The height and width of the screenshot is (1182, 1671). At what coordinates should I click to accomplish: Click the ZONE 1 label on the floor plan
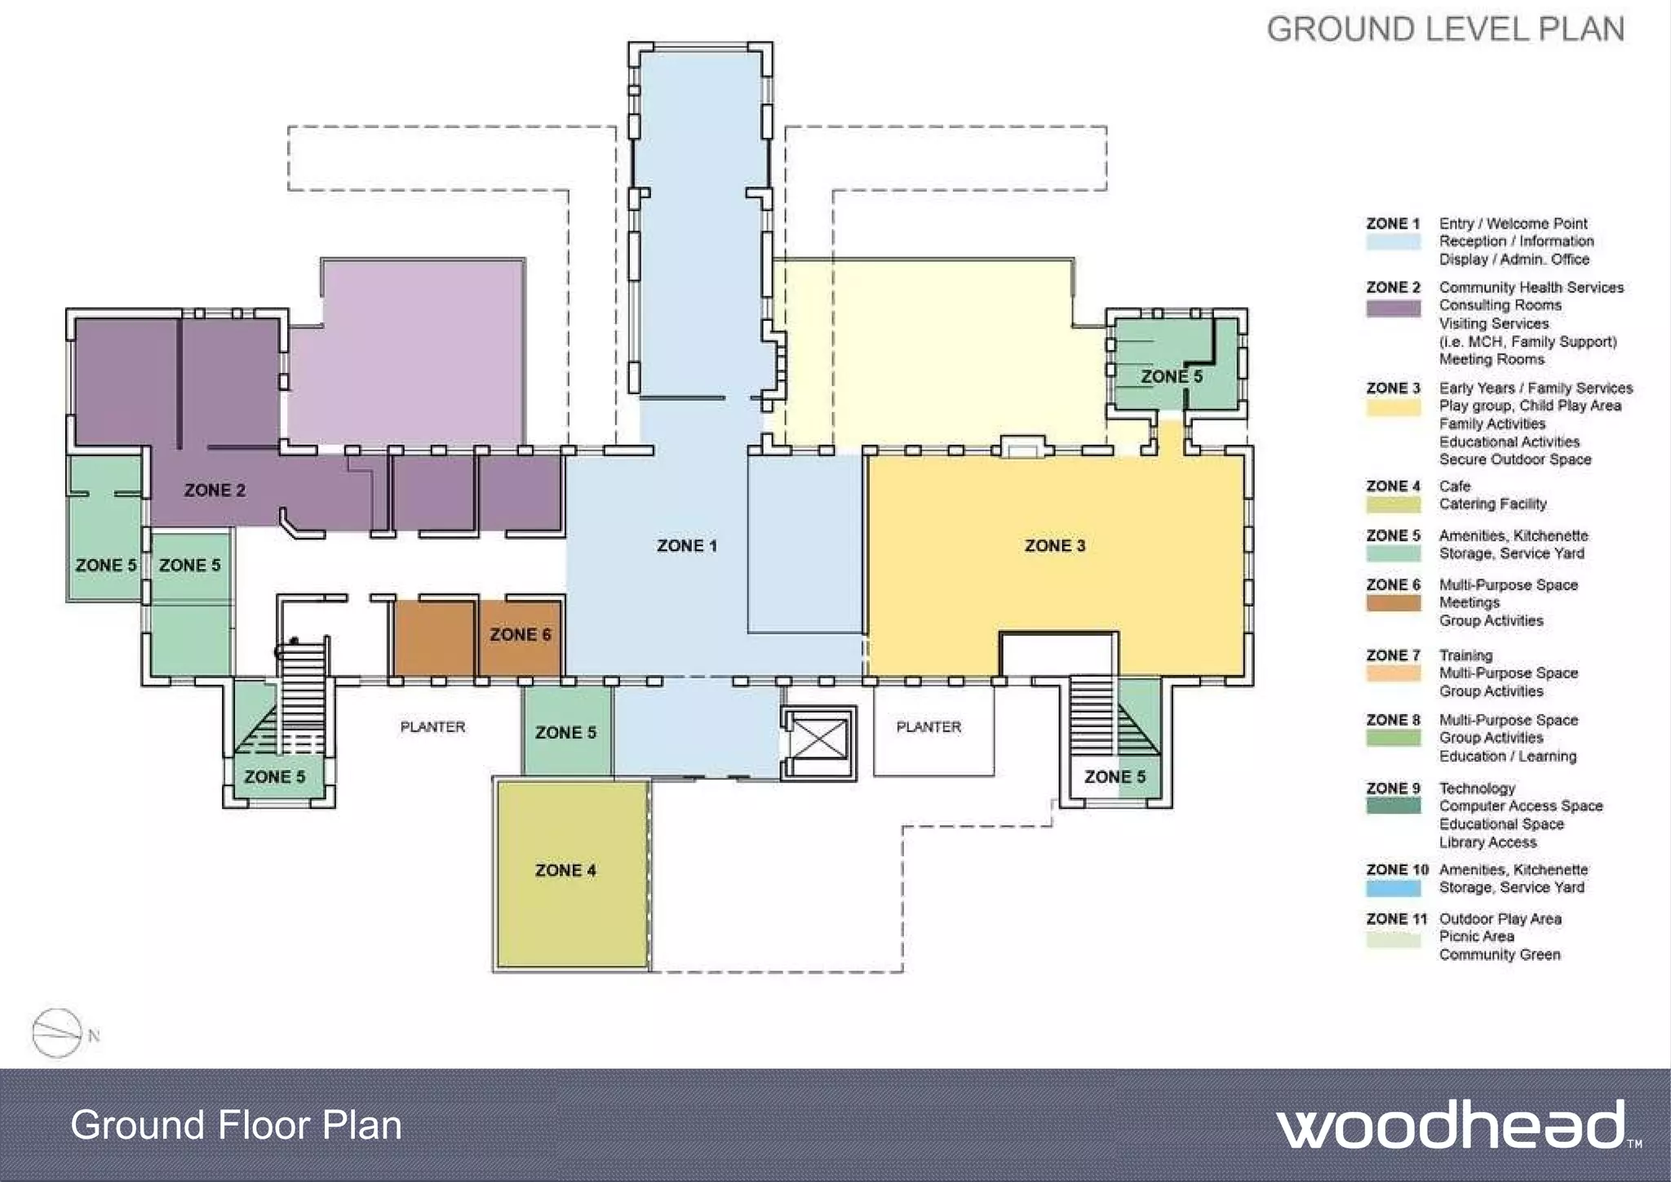pyautogui.click(x=686, y=545)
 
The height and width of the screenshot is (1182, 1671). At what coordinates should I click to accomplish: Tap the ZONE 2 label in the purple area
pyautogui.click(x=215, y=490)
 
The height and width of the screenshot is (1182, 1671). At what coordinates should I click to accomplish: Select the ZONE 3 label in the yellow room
pyautogui.click(x=1054, y=545)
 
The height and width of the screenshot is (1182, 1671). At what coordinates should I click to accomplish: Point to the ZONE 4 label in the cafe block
pyautogui.click(x=565, y=870)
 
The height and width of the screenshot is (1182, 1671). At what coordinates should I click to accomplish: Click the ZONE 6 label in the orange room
pyautogui.click(x=520, y=634)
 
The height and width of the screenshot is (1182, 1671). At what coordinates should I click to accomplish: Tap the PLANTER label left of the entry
pyautogui.click(x=432, y=727)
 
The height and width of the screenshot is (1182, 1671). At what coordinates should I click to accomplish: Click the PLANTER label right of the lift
pyautogui.click(x=929, y=727)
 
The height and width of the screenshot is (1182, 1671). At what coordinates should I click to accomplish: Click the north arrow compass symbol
pyautogui.click(x=57, y=1033)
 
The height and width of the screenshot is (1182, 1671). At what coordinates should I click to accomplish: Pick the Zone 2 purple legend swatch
pyautogui.click(x=1393, y=308)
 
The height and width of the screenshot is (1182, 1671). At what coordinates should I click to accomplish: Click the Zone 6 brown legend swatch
pyautogui.click(x=1393, y=603)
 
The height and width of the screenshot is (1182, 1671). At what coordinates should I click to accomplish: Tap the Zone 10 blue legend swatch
pyautogui.click(x=1393, y=888)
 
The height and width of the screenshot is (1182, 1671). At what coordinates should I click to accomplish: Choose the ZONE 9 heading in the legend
pyautogui.click(x=1393, y=788)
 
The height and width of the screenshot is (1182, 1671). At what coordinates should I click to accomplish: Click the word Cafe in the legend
pyautogui.click(x=1455, y=486)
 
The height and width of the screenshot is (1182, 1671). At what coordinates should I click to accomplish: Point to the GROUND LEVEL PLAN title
pyautogui.click(x=1445, y=29)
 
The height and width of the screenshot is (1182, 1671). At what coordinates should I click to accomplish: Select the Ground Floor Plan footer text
pyautogui.click(x=236, y=1125)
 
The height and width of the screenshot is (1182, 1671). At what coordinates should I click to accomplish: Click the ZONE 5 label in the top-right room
pyautogui.click(x=1171, y=376)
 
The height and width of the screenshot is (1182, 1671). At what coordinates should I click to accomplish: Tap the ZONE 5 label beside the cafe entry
pyautogui.click(x=565, y=732)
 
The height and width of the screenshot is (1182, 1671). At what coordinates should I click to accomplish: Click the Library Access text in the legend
pyautogui.click(x=1487, y=842)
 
